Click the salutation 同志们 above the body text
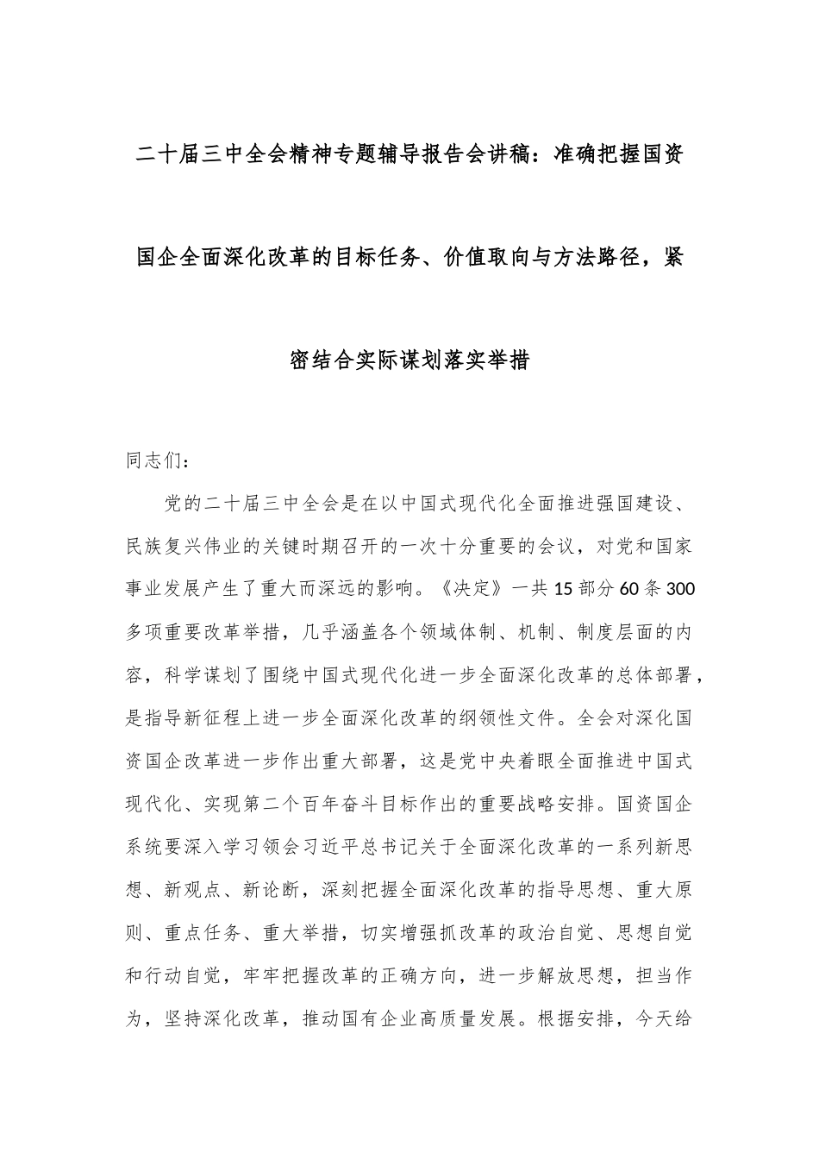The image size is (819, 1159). (153, 460)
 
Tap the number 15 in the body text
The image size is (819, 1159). (562, 589)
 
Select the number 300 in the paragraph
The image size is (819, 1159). (681, 589)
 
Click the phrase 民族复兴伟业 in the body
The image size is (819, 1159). (189, 546)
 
